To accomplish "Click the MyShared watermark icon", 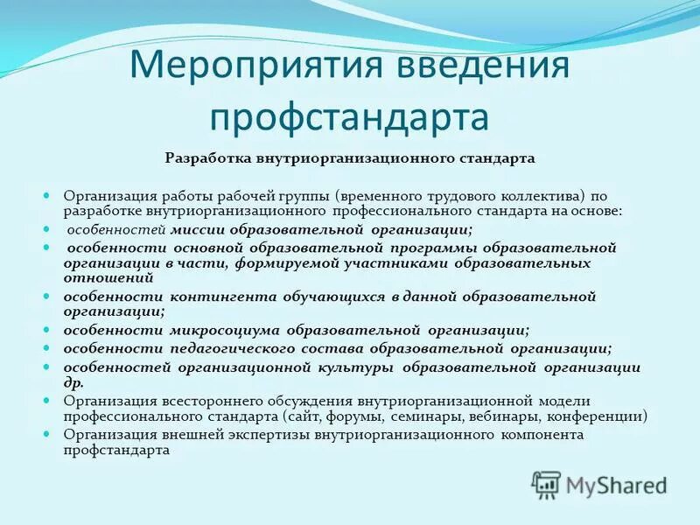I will [x=547, y=484].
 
